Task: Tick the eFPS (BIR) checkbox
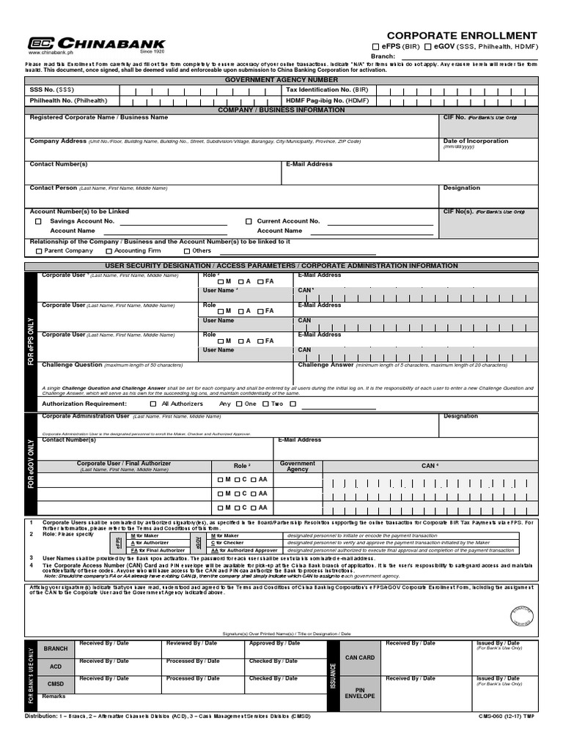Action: pyautogui.click(x=376, y=46)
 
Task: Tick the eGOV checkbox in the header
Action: pyautogui.click(x=428, y=46)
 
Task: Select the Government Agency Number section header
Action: pyautogui.click(x=281, y=79)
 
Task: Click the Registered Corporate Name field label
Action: pyautogui.click(x=98, y=117)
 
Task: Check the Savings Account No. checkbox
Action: pyautogui.click(x=38, y=221)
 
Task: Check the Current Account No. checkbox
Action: pyautogui.click(x=249, y=221)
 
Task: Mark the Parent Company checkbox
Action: pyautogui.click(x=38, y=250)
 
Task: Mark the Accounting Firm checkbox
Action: pyautogui.click(x=108, y=250)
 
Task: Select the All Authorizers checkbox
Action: pyautogui.click(x=153, y=404)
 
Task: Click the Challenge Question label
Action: pyautogui.click(x=72, y=364)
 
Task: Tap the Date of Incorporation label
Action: pyautogui.click(x=475, y=141)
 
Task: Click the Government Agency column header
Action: pyautogui.click(x=298, y=466)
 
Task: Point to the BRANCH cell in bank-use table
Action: pyautogui.click(x=56, y=649)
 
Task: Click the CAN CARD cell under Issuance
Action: pyautogui.click(x=359, y=658)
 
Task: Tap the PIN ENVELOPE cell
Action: pyautogui.click(x=359, y=692)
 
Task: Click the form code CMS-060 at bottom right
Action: pyautogui.click(x=508, y=716)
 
